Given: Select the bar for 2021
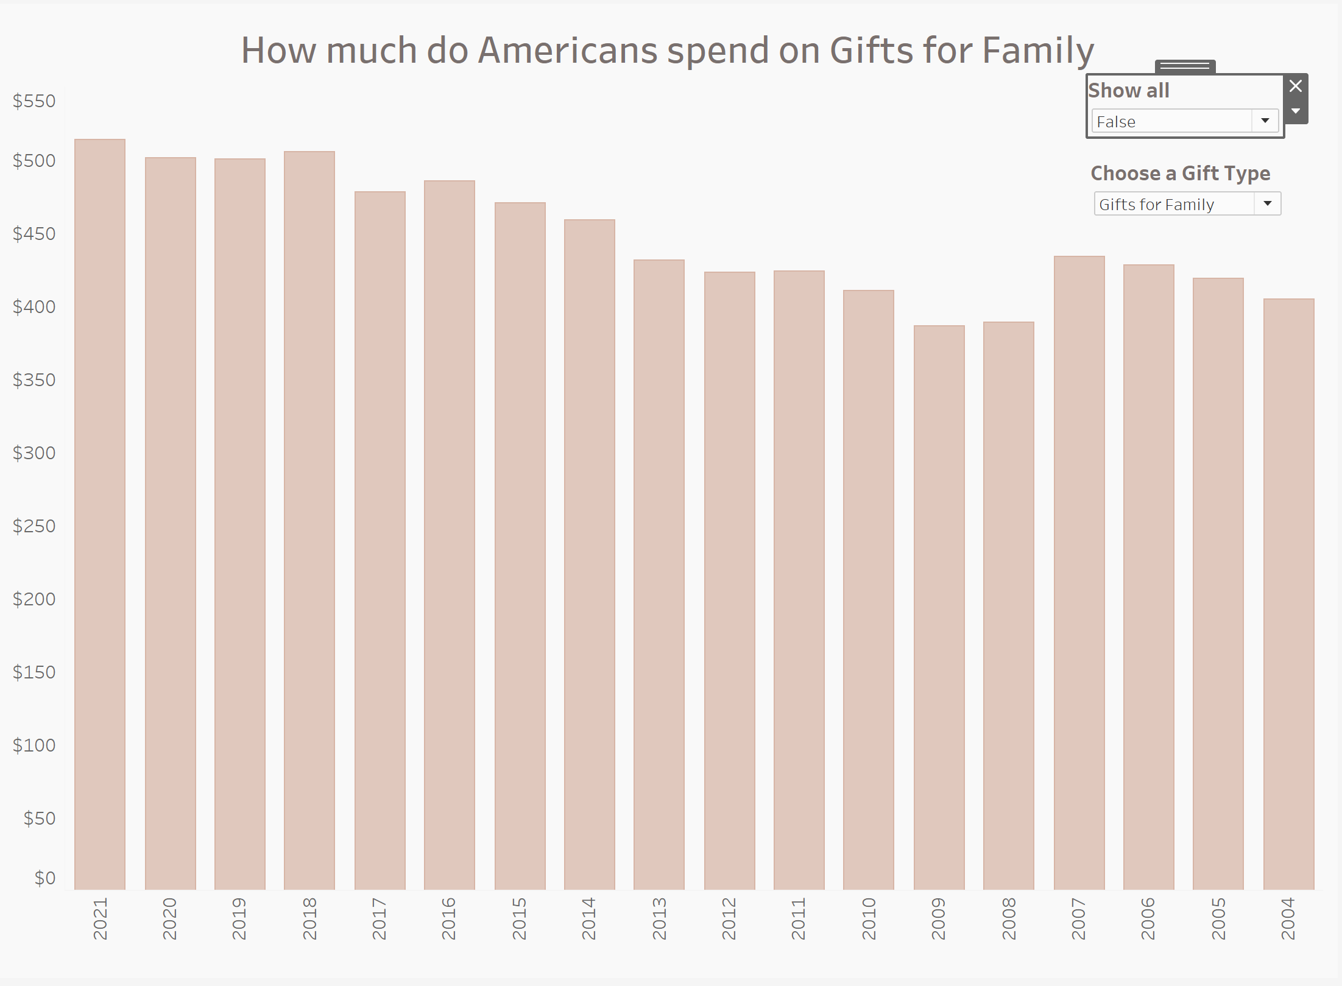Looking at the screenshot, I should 100,515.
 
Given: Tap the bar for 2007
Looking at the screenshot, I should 1079,573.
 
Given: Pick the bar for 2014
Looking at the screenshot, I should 589,555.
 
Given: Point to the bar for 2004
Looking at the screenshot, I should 1288,594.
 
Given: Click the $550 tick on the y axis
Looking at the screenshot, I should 34,101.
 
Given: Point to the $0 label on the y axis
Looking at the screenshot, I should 44,878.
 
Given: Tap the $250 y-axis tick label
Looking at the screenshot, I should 34,526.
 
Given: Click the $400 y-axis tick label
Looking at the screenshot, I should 34,306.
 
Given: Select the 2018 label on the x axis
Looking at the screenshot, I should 309,918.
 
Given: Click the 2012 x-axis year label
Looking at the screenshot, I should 729,918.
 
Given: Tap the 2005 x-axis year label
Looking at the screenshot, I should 1218,918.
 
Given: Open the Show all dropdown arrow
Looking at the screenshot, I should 1265,121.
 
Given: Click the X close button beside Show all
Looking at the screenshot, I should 1296,86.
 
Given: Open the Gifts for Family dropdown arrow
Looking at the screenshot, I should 1268,203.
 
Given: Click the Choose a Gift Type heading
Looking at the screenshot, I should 1180,174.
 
